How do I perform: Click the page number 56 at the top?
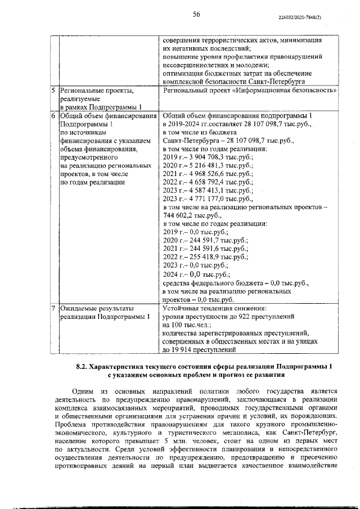click(196, 15)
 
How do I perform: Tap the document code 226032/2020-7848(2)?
click(299, 18)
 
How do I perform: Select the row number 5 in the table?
click(52, 90)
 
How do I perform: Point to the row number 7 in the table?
click(52, 309)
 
